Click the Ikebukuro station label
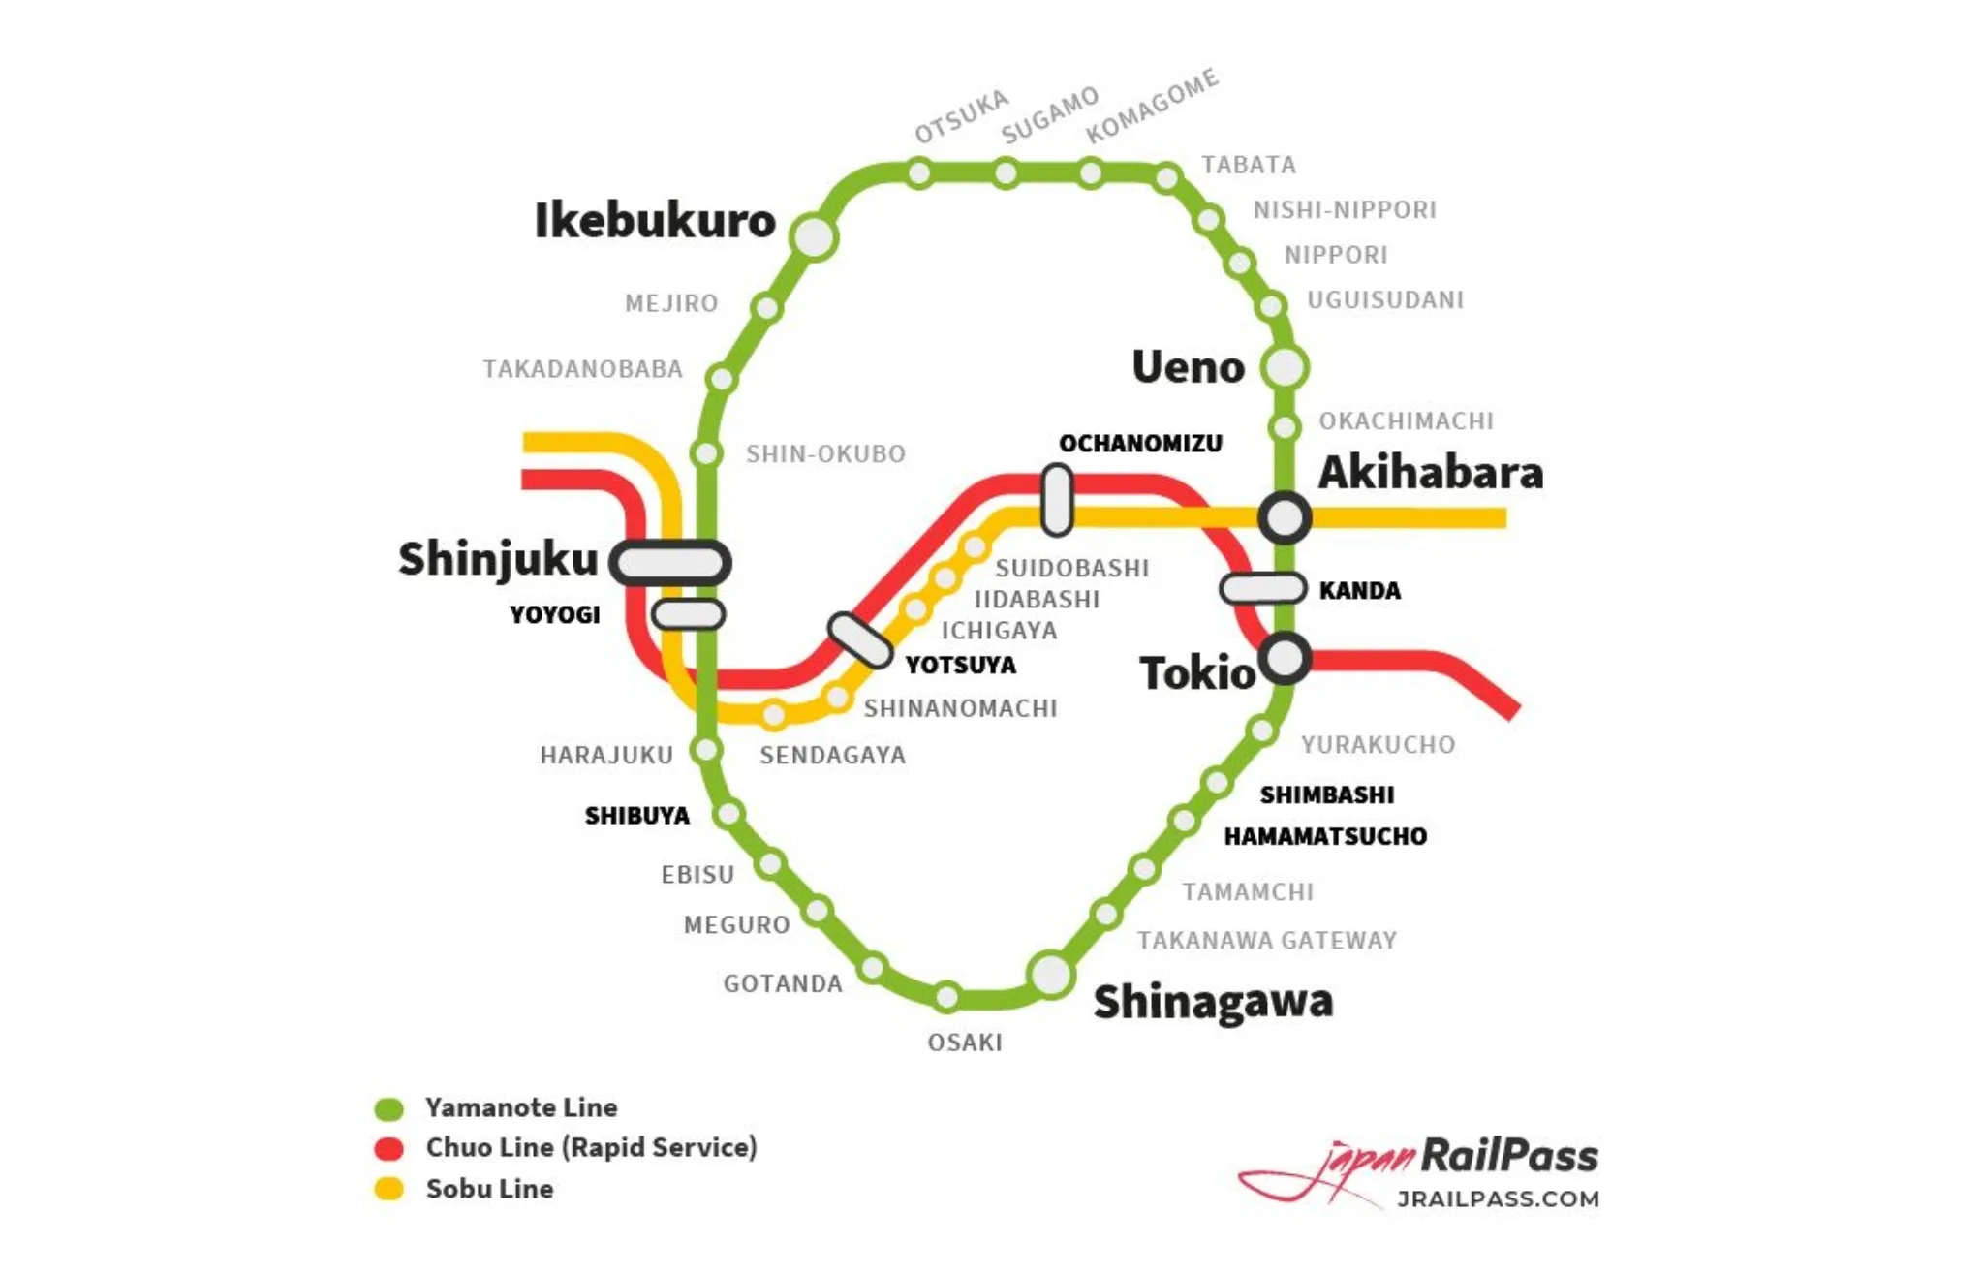(655, 221)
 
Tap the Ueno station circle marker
(1286, 367)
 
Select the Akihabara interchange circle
(1285, 517)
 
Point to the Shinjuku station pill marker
(670, 562)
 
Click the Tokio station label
(1197, 673)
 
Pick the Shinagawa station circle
(1051, 974)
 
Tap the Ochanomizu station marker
(1057, 500)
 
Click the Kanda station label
(1359, 591)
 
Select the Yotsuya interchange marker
(860, 640)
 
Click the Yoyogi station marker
(688, 614)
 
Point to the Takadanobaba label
(583, 369)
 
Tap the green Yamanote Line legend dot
(389, 1108)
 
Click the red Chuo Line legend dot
(389, 1148)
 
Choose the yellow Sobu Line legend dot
(389, 1189)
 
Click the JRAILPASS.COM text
(1498, 1199)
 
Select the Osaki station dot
(947, 996)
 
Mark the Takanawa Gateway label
(1267, 941)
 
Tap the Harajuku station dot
(707, 749)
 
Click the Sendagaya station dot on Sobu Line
(774, 715)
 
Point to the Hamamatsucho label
(1325, 836)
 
